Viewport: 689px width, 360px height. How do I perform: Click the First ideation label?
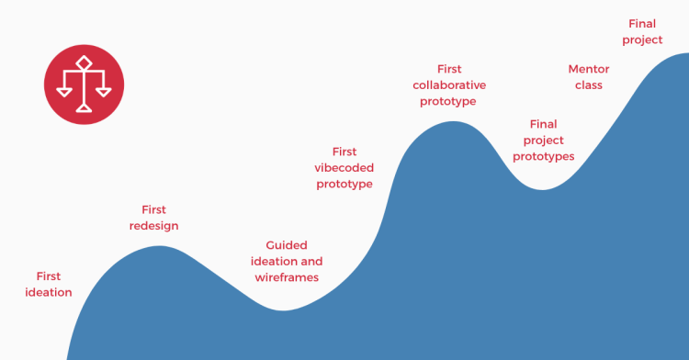point(49,284)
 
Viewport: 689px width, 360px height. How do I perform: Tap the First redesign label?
point(153,218)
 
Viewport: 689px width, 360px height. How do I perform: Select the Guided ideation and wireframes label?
point(287,261)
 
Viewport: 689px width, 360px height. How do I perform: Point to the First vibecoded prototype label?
point(344,168)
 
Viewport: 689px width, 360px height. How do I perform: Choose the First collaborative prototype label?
point(449,85)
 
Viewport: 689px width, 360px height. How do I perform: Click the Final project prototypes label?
point(544,141)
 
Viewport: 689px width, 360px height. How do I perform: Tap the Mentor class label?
point(589,77)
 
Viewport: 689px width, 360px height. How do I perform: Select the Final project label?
point(642,31)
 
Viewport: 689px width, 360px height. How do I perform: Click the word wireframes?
point(287,277)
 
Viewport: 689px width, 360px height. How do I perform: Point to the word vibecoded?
point(344,168)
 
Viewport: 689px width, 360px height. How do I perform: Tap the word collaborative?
point(449,85)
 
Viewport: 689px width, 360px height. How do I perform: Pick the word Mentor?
point(589,69)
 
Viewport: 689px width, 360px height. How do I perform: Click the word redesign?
point(153,226)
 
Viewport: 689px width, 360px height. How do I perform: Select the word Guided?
point(287,245)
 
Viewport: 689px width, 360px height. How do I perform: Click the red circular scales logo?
point(84,84)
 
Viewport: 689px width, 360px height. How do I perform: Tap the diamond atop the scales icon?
point(84,62)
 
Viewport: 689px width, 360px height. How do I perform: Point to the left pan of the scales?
point(64,92)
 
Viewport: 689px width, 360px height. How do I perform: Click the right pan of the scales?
point(104,92)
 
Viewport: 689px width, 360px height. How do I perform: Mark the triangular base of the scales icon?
point(84,108)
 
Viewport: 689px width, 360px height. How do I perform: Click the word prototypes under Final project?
point(544,157)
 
